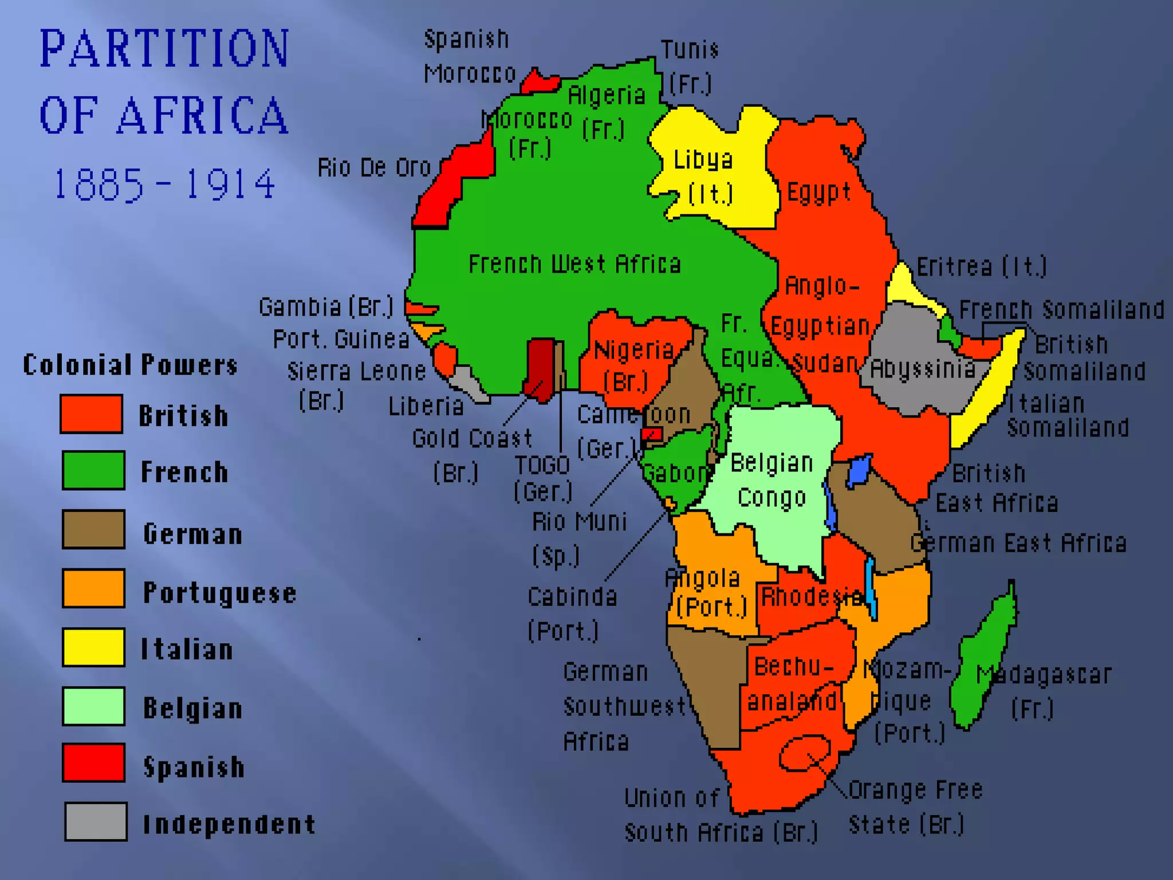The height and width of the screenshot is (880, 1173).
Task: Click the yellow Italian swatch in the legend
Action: coord(93,647)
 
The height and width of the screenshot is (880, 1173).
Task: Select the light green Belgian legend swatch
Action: coord(93,706)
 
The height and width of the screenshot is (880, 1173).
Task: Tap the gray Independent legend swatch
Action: coord(96,822)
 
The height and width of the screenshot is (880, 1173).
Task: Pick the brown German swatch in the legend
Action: coord(93,529)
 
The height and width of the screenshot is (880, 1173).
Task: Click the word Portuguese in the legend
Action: coord(219,592)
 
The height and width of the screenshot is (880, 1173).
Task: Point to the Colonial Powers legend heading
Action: coord(130,364)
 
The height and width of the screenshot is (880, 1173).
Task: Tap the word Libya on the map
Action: coord(703,160)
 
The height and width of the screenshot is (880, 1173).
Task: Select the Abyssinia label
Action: coord(923,369)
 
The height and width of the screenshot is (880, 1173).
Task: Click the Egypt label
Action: coord(819,192)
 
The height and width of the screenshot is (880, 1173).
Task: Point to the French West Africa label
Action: coord(575,264)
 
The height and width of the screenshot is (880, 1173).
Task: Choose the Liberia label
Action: coord(426,406)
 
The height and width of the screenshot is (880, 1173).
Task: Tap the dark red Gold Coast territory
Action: coord(541,367)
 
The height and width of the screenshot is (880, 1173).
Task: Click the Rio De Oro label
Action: coord(374,167)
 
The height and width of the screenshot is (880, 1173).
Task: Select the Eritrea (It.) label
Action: coord(981,266)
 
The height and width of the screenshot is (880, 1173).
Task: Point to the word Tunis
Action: coord(690,50)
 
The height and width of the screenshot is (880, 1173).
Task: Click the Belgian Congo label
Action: coord(771,480)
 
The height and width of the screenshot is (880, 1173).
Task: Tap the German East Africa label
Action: coord(1018,543)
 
